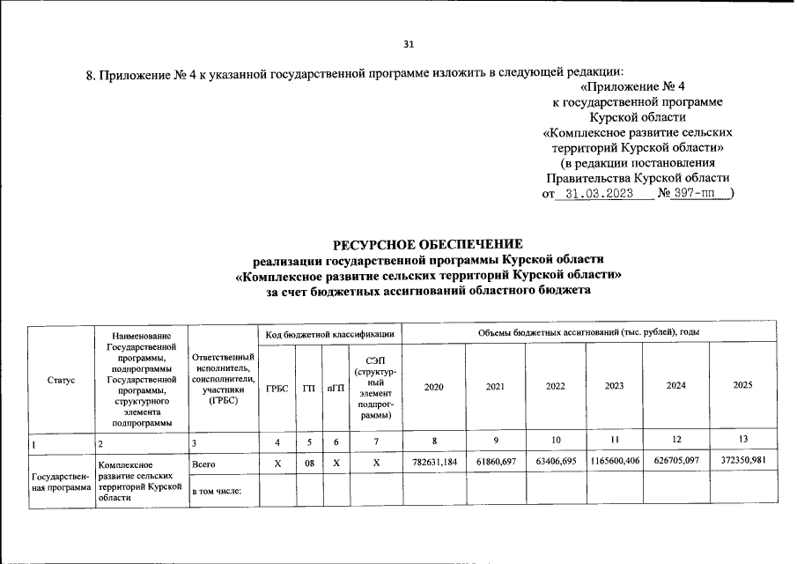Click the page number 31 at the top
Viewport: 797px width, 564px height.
(408, 44)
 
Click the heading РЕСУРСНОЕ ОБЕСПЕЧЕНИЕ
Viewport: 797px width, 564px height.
(427, 243)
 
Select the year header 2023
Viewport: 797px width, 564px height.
(615, 387)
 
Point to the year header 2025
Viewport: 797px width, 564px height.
(743, 387)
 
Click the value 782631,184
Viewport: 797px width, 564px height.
(434, 461)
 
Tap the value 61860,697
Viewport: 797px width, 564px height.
(495, 461)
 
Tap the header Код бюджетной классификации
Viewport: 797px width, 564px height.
(328, 333)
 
